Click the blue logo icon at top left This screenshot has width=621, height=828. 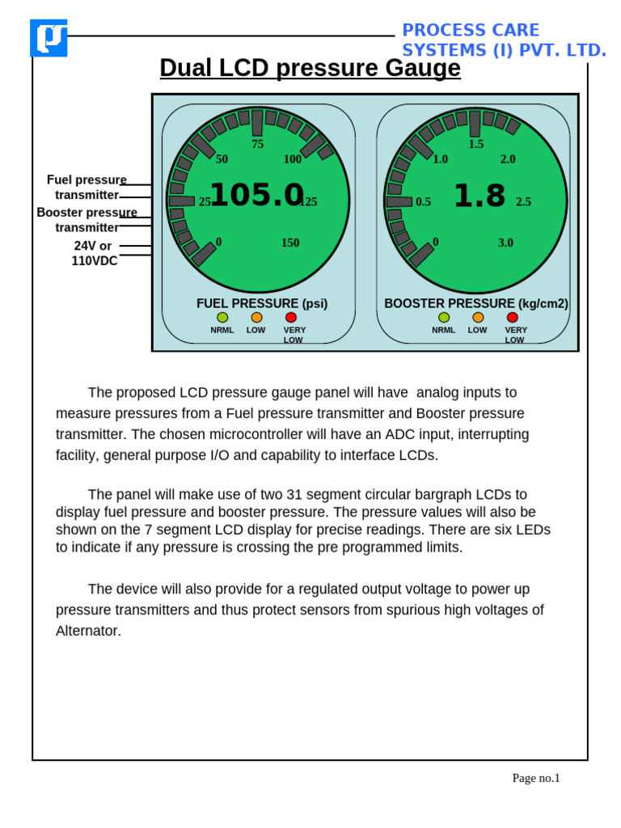(49, 38)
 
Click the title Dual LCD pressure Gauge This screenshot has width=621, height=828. (310, 69)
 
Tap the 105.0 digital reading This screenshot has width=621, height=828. (256, 195)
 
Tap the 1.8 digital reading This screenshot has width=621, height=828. (479, 196)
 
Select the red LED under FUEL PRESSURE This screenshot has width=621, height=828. (291, 318)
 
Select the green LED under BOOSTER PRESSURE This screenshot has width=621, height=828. (444, 318)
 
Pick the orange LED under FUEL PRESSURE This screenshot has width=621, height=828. (256, 318)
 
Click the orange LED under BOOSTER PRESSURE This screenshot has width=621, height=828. (478, 318)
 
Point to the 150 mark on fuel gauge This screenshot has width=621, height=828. (290, 243)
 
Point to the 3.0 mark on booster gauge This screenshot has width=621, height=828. (505, 243)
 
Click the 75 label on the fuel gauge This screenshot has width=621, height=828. (257, 145)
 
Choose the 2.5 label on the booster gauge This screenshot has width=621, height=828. (523, 202)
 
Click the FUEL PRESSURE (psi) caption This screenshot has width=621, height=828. (262, 303)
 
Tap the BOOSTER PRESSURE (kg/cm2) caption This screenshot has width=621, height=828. (476, 303)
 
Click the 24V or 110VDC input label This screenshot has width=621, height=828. (94, 253)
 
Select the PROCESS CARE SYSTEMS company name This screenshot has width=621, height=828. (503, 40)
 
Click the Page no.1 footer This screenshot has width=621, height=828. (535, 778)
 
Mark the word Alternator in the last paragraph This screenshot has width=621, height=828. (88, 631)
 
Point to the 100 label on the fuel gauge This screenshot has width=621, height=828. (293, 159)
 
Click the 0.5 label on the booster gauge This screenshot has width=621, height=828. (423, 202)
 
